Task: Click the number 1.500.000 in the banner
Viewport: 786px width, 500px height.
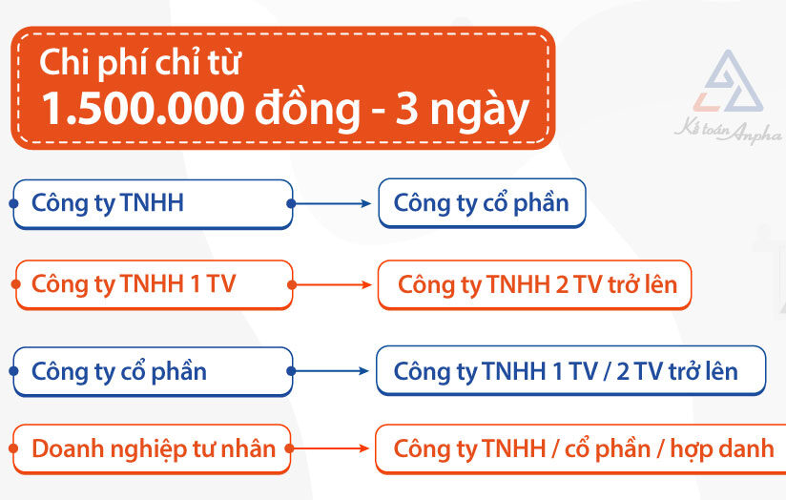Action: tap(143, 109)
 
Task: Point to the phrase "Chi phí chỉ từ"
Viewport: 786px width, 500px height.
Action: tap(140, 63)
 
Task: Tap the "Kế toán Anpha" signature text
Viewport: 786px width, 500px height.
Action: tap(728, 131)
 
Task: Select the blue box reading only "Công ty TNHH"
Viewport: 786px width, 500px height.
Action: tap(153, 204)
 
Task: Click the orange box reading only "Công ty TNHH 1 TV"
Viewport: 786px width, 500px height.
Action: tap(154, 285)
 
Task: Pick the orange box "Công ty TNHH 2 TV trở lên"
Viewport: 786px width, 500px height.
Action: tap(534, 285)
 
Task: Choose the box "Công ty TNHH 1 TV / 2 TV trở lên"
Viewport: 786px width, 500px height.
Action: tap(571, 370)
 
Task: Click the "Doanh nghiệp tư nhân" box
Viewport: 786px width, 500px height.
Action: tap(152, 448)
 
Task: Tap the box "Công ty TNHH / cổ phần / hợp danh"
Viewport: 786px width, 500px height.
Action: tap(581, 448)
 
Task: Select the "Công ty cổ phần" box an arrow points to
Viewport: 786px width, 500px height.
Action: tap(483, 203)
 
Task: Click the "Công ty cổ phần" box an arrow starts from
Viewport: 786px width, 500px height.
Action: tap(153, 371)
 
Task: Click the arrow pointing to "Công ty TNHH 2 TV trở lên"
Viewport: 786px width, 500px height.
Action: tap(330, 285)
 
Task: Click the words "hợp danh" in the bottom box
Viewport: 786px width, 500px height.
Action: tap(722, 449)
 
